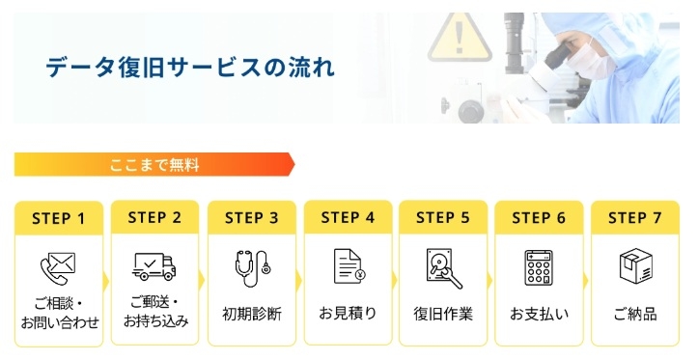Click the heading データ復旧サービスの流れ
pos(190,68)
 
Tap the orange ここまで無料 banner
pos(154,165)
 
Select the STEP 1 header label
pos(58,219)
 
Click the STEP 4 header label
pos(348,217)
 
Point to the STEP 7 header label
pos(635,217)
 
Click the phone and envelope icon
pos(58,268)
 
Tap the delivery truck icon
pos(154,266)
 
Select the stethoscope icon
pos(252,268)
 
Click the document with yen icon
pos(349,266)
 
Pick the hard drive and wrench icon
pos(444,268)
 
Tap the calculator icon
pos(539,267)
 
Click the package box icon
pos(636,265)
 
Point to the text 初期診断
pos(252,315)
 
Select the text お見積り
pos(348,314)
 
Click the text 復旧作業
pos(443,315)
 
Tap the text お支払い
pos(539,315)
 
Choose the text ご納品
pos(635,315)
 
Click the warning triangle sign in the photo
pos(460,38)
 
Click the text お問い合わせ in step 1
pos(60,322)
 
